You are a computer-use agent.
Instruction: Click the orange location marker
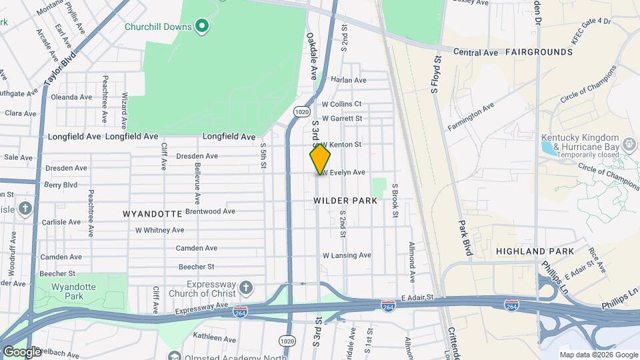click(x=320, y=159)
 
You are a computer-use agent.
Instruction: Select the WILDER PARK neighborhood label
click(x=345, y=200)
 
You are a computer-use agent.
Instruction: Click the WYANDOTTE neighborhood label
click(x=153, y=214)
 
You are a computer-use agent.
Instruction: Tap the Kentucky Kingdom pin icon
click(x=629, y=142)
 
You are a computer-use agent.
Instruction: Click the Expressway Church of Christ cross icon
click(x=246, y=288)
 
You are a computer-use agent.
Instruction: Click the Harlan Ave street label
click(x=349, y=80)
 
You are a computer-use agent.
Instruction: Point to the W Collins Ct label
click(x=341, y=104)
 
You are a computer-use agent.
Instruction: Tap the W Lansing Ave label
click(x=347, y=255)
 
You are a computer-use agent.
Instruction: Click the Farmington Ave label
click(x=471, y=116)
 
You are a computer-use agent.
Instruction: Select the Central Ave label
click(x=476, y=51)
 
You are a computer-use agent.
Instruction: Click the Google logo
click(x=22, y=351)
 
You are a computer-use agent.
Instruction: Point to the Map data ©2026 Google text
click(x=598, y=355)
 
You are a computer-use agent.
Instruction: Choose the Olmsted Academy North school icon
click(x=175, y=357)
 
